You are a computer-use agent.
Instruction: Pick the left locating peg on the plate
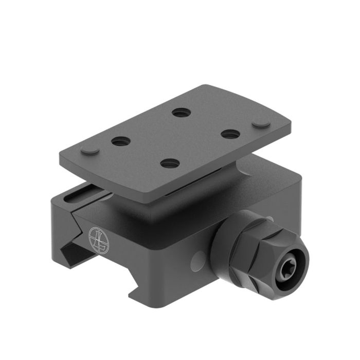pos(91,150)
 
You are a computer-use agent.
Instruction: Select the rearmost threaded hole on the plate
pos(179,112)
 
